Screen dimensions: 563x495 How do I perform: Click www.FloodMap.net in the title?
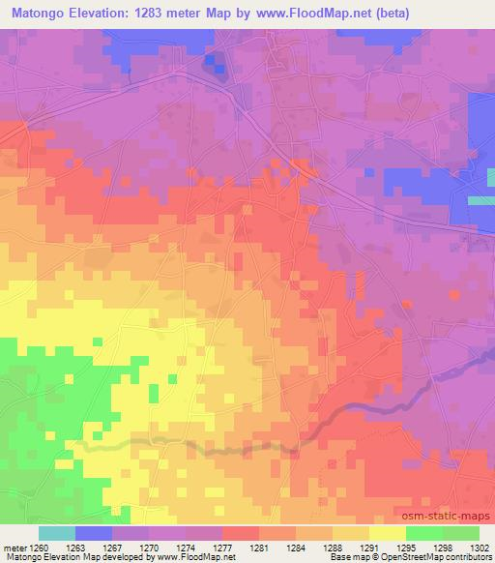pos(301,14)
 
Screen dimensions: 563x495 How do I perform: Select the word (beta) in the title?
pos(386,14)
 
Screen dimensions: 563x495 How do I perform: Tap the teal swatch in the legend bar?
pos(56,532)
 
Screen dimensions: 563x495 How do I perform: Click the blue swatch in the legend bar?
pos(94,532)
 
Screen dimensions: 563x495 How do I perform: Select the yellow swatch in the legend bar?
pos(387,532)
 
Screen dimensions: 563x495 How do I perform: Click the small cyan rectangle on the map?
pos(481,199)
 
